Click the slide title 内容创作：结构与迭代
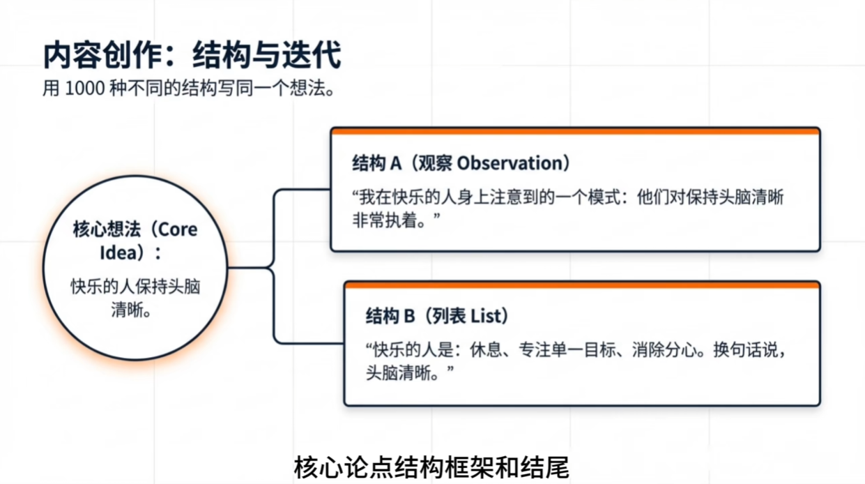(192, 55)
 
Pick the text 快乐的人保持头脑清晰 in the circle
(135, 297)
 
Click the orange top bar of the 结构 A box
(574, 130)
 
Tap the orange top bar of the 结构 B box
(581, 285)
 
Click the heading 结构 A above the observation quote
(377, 163)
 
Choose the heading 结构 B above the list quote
(390, 316)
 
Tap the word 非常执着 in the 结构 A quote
(387, 219)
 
